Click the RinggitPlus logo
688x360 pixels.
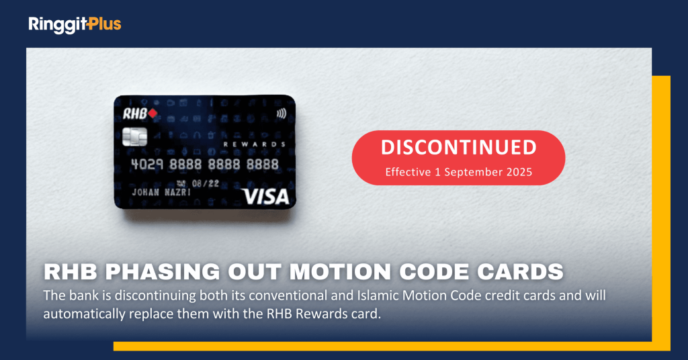(75, 25)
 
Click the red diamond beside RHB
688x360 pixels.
(153, 114)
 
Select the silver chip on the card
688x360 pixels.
(134, 137)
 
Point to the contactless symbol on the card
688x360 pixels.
(282, 114)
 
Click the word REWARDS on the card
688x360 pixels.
(255, 144)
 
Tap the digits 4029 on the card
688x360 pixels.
(147, 165)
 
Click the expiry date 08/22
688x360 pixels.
(206, 183)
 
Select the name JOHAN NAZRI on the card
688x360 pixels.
(161, 193)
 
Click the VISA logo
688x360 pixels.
(266, 196)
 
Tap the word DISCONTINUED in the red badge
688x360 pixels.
(458, 148)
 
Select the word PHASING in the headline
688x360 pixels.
(163, 272)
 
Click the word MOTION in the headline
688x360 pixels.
(340, 272)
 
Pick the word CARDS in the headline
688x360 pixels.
(520, 272)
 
